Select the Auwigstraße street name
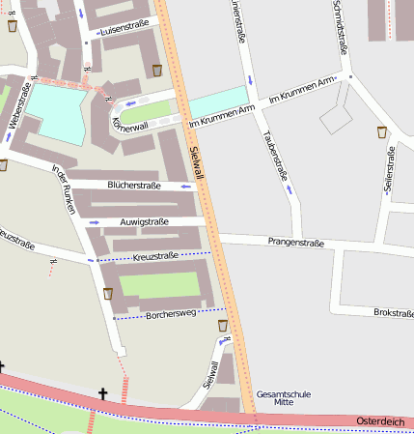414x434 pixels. (x=144, y=221)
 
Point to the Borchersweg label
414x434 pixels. (x=170, y=313)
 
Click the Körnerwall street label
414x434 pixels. (x=130, y=126)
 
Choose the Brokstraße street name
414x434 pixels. (x=393, y=312)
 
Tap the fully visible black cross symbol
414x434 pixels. (x=103, y=393)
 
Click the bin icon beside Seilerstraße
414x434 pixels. (x=382, y=131)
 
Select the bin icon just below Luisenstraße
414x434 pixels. (x=157, y=70)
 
